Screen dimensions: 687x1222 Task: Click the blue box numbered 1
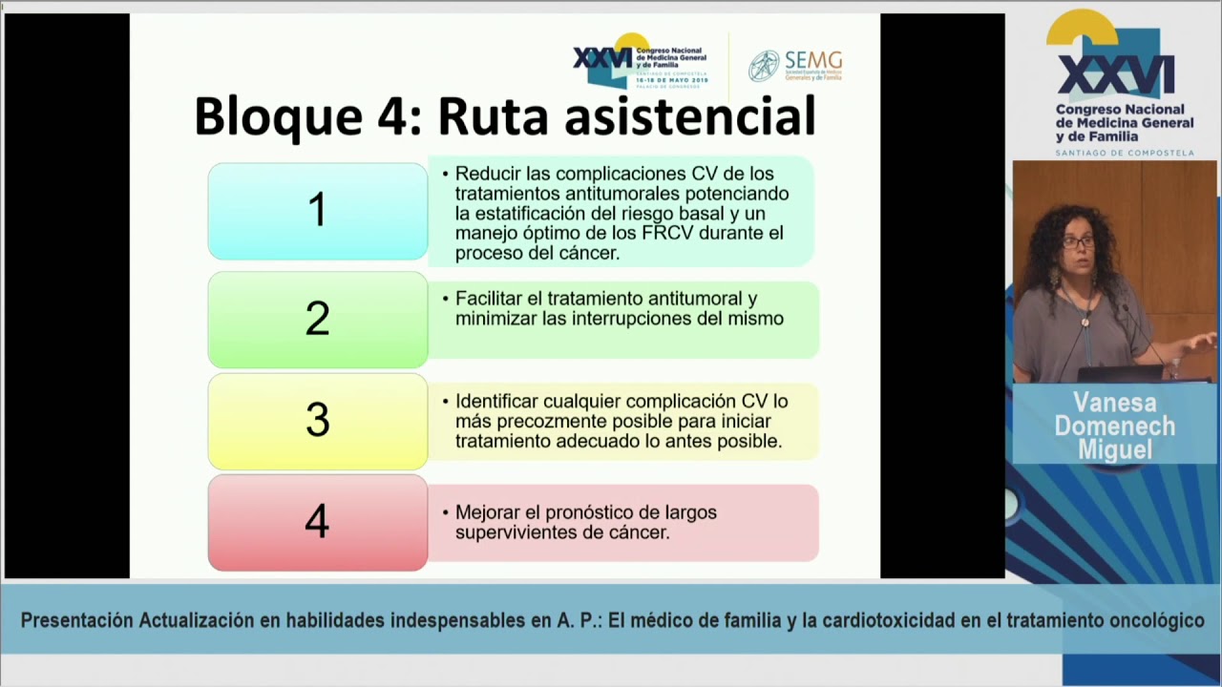pos(317,211)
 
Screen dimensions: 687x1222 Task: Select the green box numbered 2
pos(317,320)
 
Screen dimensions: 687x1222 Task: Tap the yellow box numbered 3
pos(317,421)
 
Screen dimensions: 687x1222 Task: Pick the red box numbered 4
pos(317,522)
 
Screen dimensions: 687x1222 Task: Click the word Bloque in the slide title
pos(278,117)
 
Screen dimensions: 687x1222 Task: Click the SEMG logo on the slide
pos(795,65)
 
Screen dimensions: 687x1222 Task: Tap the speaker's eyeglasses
pos(1078,242)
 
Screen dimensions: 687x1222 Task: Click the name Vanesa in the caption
pos(1114,403)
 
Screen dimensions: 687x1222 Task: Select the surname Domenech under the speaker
pos(1114,427)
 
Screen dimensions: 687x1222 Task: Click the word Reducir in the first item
pos(486,174)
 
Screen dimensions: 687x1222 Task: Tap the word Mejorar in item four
pos(489,512)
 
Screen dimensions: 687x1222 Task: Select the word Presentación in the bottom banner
pos(76,621)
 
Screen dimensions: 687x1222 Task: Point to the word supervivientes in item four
pos(512,532)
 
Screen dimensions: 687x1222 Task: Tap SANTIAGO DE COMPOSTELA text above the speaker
pos(1124,153)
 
